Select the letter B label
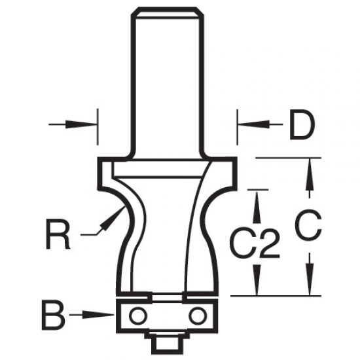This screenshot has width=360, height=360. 56,315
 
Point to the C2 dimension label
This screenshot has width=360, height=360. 255,245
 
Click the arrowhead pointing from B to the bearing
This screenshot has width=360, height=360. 107,315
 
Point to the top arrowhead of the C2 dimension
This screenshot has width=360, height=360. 259,199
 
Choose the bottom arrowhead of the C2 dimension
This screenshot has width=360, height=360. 259,287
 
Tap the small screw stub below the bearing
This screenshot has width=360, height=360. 166,341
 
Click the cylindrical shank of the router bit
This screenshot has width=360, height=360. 167,79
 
